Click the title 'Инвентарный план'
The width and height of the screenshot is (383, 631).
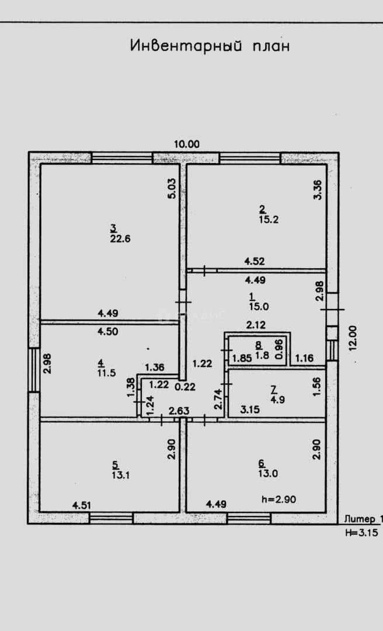pos(210,46)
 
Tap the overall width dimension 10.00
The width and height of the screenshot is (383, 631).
pos(187,144)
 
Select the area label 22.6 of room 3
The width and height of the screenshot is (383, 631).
pos(120,238)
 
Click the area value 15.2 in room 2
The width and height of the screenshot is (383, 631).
pos(269,220)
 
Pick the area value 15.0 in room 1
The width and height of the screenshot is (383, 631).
pos(259,306)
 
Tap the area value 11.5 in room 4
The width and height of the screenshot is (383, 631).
pos(106,373)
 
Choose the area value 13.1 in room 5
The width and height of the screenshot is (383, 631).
pos(121,475)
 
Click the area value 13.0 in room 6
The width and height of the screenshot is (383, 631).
pos(268,473)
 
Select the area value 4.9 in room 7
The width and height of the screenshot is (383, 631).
pos(278,400)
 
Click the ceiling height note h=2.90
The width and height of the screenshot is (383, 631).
pos(279,500)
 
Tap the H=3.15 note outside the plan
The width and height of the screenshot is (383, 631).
pos(361,533)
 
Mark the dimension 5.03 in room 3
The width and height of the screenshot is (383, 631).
pos(172,188)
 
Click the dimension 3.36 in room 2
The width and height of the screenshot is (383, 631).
pos(318,189)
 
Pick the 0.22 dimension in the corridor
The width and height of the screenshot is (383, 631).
pos(185,387)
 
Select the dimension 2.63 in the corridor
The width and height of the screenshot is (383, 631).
pos(179,411)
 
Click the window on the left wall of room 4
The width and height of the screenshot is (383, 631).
pos(34,370)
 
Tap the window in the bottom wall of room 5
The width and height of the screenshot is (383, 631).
pos(111,518)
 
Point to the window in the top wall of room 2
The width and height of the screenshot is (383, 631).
pos(250,158)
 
